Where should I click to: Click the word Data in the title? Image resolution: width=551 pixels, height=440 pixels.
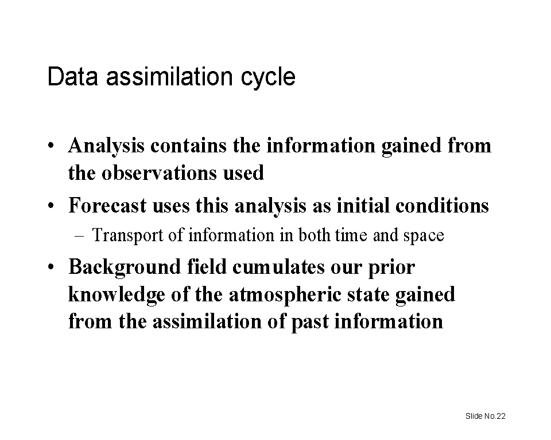(x=73, y=76)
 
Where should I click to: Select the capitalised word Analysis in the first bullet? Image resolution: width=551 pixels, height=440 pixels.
(x=106, y=146)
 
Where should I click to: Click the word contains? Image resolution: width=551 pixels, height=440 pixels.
(x=188, y=146)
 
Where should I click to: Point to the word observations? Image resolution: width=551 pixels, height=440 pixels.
(x=159, y=172)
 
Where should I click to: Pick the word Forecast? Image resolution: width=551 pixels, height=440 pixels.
(x=107, y=205)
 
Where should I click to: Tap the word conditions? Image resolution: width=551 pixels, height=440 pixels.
(x=442, y=205)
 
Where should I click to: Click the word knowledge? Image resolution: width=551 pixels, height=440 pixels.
(x=117, y=295)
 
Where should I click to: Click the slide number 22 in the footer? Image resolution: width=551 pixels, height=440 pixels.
(x=502, y=416)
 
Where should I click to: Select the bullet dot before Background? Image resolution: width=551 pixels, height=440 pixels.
(x=51, y=268)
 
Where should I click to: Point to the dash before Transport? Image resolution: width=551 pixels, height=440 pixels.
(x=79, y=236)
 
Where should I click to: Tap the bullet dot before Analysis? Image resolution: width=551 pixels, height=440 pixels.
(x=51, y=146)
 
